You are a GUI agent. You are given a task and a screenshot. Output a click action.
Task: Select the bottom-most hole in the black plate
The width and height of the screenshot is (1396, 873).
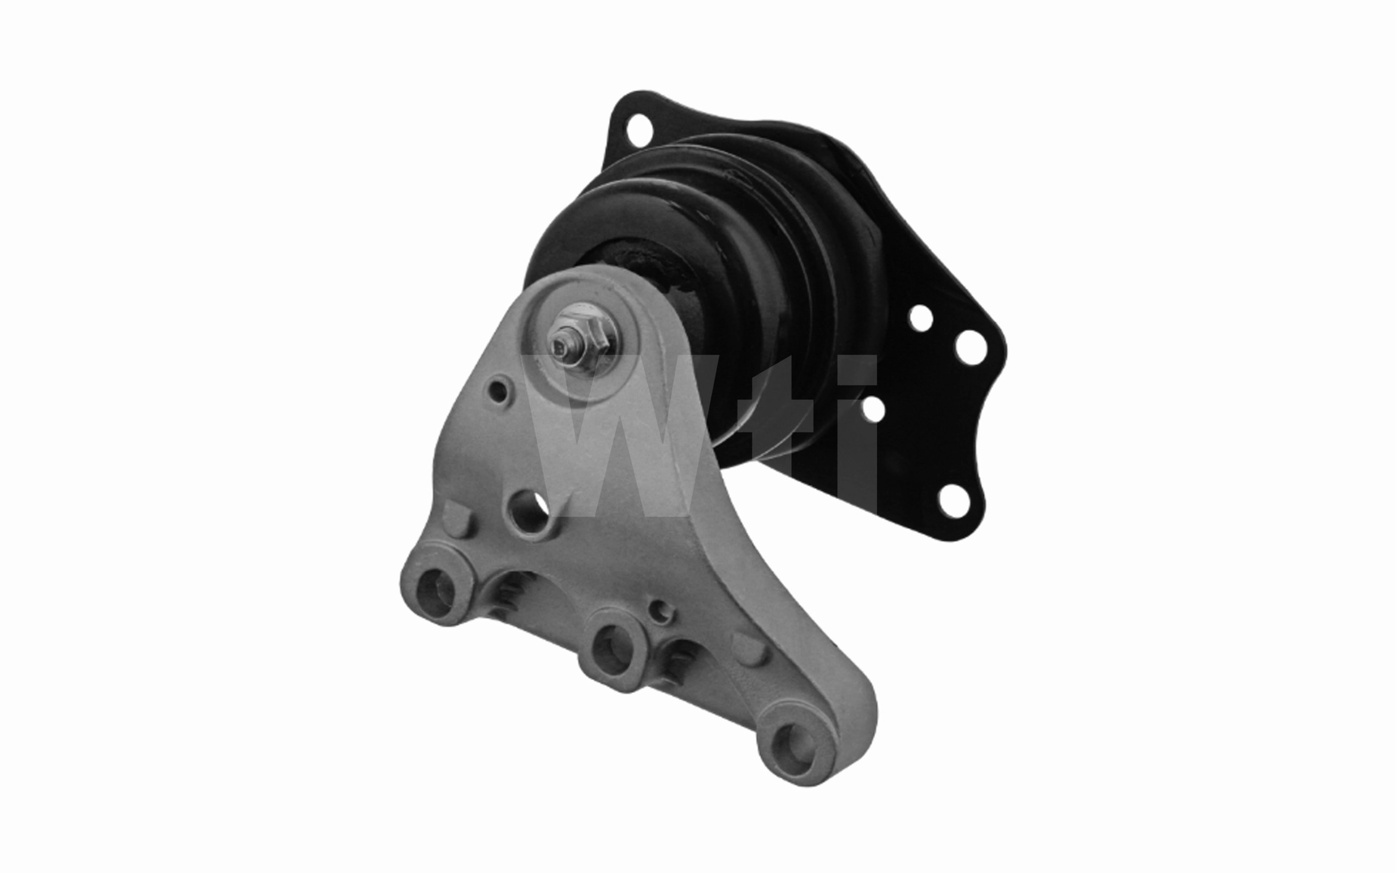coord(956,503)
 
